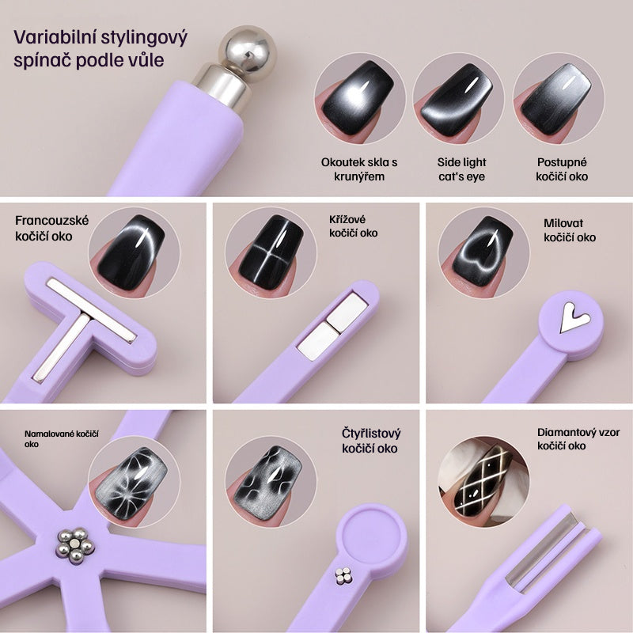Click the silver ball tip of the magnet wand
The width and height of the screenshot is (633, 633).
(x=248, y=48)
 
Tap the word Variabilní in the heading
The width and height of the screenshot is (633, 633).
(x=55, y=37)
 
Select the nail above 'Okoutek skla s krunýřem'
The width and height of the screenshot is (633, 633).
(x=358, y=98)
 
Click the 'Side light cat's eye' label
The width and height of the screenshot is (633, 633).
(x=462, y=169)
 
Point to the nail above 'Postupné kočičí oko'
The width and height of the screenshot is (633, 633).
(x=556, y=100)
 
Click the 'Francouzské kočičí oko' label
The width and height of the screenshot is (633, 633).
(x=51, y=228)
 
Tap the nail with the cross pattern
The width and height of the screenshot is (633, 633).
(x=271, y=252)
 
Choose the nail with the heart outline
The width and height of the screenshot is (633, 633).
(x=483, y=251)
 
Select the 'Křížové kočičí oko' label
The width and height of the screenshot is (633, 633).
(x=353, y=226)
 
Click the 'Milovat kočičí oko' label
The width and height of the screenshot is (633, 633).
(x=570, y=230)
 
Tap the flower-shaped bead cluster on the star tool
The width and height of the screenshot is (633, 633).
(x=75, y=545)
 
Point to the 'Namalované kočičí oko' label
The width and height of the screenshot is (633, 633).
(x=62, y=439)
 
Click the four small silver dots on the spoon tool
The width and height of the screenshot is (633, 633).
(x=343, y=576)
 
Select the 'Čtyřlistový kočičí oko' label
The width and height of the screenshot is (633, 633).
(x=371, y=441)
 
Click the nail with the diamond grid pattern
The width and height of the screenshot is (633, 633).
(x=483, y=481)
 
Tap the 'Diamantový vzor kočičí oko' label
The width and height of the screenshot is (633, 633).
(x=578, y=439)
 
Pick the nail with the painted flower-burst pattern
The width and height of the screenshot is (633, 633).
(x=131, y=483)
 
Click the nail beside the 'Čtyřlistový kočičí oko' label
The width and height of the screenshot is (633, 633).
(x=268, y=483)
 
